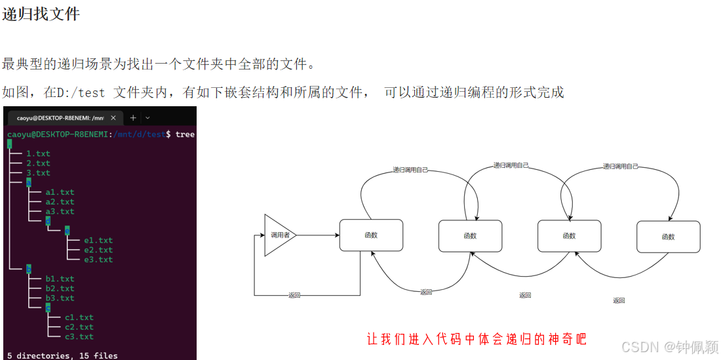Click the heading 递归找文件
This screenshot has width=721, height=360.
(41, 14)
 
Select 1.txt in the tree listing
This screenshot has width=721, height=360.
(38, 153)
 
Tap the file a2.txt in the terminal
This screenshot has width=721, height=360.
(60, 202)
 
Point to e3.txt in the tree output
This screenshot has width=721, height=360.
(98, 260)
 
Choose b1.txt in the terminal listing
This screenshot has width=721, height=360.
(60, 279)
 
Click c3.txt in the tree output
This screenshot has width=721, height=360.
(79, 336)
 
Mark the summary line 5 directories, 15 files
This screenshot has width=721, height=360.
(62, 355)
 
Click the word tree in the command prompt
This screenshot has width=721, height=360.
(185, 134)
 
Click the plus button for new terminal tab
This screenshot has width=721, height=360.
(133, 118)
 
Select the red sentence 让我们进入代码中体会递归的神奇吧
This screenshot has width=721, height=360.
(477, 339)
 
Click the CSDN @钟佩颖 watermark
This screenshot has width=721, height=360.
(669, 346)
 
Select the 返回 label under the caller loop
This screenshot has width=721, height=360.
(294, 295)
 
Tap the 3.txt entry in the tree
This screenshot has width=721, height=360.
(38, 173)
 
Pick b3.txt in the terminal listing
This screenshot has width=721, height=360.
(60, 298)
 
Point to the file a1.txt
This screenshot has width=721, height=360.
(60, 192)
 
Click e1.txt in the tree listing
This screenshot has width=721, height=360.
(98, 241)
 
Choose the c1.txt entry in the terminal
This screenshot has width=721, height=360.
(79, 317)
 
